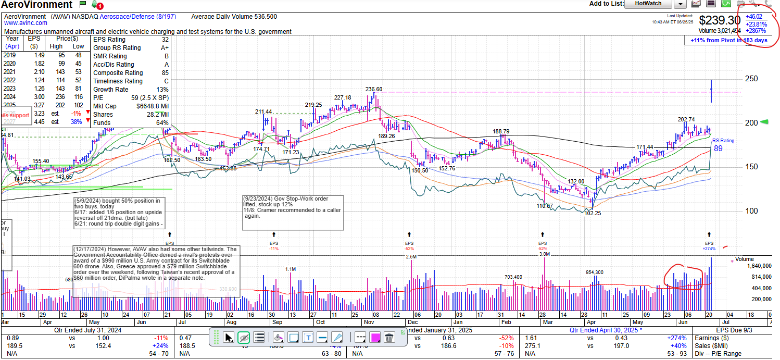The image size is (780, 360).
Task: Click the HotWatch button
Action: [648, 4]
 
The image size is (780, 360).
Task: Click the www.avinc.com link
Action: [26, 23]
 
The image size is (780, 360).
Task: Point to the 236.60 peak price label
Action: [374, 89]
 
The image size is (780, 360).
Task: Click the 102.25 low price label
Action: [593, 213]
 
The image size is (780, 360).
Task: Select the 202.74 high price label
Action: [686, 119]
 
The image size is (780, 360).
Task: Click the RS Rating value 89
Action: [718, 148]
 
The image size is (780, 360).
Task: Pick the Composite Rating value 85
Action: [165, 73]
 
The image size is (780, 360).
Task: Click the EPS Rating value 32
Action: [165, 40]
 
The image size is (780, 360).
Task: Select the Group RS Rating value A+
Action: [164, 48]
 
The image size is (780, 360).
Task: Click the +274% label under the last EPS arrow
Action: [709, 249]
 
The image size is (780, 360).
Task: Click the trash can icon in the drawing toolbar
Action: [389, 338]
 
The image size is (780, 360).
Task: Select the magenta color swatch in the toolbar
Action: [374, 338]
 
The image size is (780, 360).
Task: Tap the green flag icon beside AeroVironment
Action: [82, 4]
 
